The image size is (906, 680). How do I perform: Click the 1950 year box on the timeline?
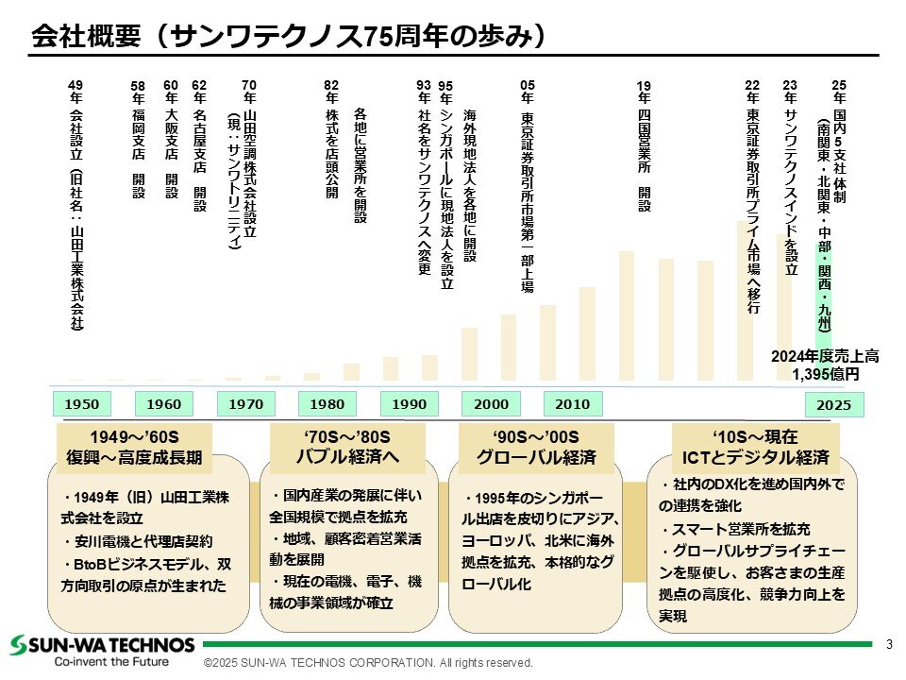click(81, 403)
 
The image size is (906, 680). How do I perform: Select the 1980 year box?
click(327, 403)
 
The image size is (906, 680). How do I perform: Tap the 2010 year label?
click(573, 403)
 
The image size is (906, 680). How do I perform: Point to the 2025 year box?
click(834, 405)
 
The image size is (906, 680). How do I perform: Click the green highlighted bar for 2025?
click(823, 295)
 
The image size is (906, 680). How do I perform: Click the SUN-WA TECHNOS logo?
click(102, 645)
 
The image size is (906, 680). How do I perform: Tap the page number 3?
click(889, 644)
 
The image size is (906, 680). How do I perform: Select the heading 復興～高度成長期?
click(134, 457)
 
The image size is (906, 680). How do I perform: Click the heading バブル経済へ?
click(347, 457)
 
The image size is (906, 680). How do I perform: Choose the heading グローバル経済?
click(536, 457)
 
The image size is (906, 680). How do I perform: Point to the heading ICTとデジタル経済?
click(756, 457)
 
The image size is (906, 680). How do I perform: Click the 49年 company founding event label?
click(75, 205)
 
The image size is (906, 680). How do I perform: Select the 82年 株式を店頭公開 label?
click(331, 140)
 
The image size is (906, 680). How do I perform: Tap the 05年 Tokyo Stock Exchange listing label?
click(527, 186)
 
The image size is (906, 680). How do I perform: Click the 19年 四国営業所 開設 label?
click(644, 145)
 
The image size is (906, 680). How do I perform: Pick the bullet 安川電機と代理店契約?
click(138, 541)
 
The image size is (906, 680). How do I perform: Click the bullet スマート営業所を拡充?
click(734, 529)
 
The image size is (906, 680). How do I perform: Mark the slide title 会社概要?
click(86, 36)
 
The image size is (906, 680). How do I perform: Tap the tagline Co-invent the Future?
click(111, 661)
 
